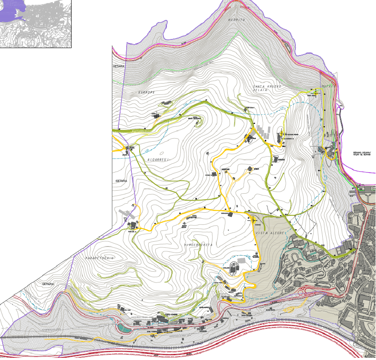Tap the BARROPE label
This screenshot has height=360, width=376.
(146, 93)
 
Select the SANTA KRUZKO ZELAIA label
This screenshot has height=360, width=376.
(267, 88)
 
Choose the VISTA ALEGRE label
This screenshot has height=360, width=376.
(270, 233)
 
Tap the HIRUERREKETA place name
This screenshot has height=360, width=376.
(199, 245)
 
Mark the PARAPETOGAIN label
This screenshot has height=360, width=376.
(99, 257)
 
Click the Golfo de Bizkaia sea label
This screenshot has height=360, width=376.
(363, 154)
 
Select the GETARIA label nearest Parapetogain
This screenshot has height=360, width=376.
(48, 284)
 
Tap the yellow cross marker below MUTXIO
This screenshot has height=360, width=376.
(316, 93)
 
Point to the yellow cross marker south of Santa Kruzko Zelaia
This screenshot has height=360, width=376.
(281, 134)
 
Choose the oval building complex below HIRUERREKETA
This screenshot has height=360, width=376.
(234, 267)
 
